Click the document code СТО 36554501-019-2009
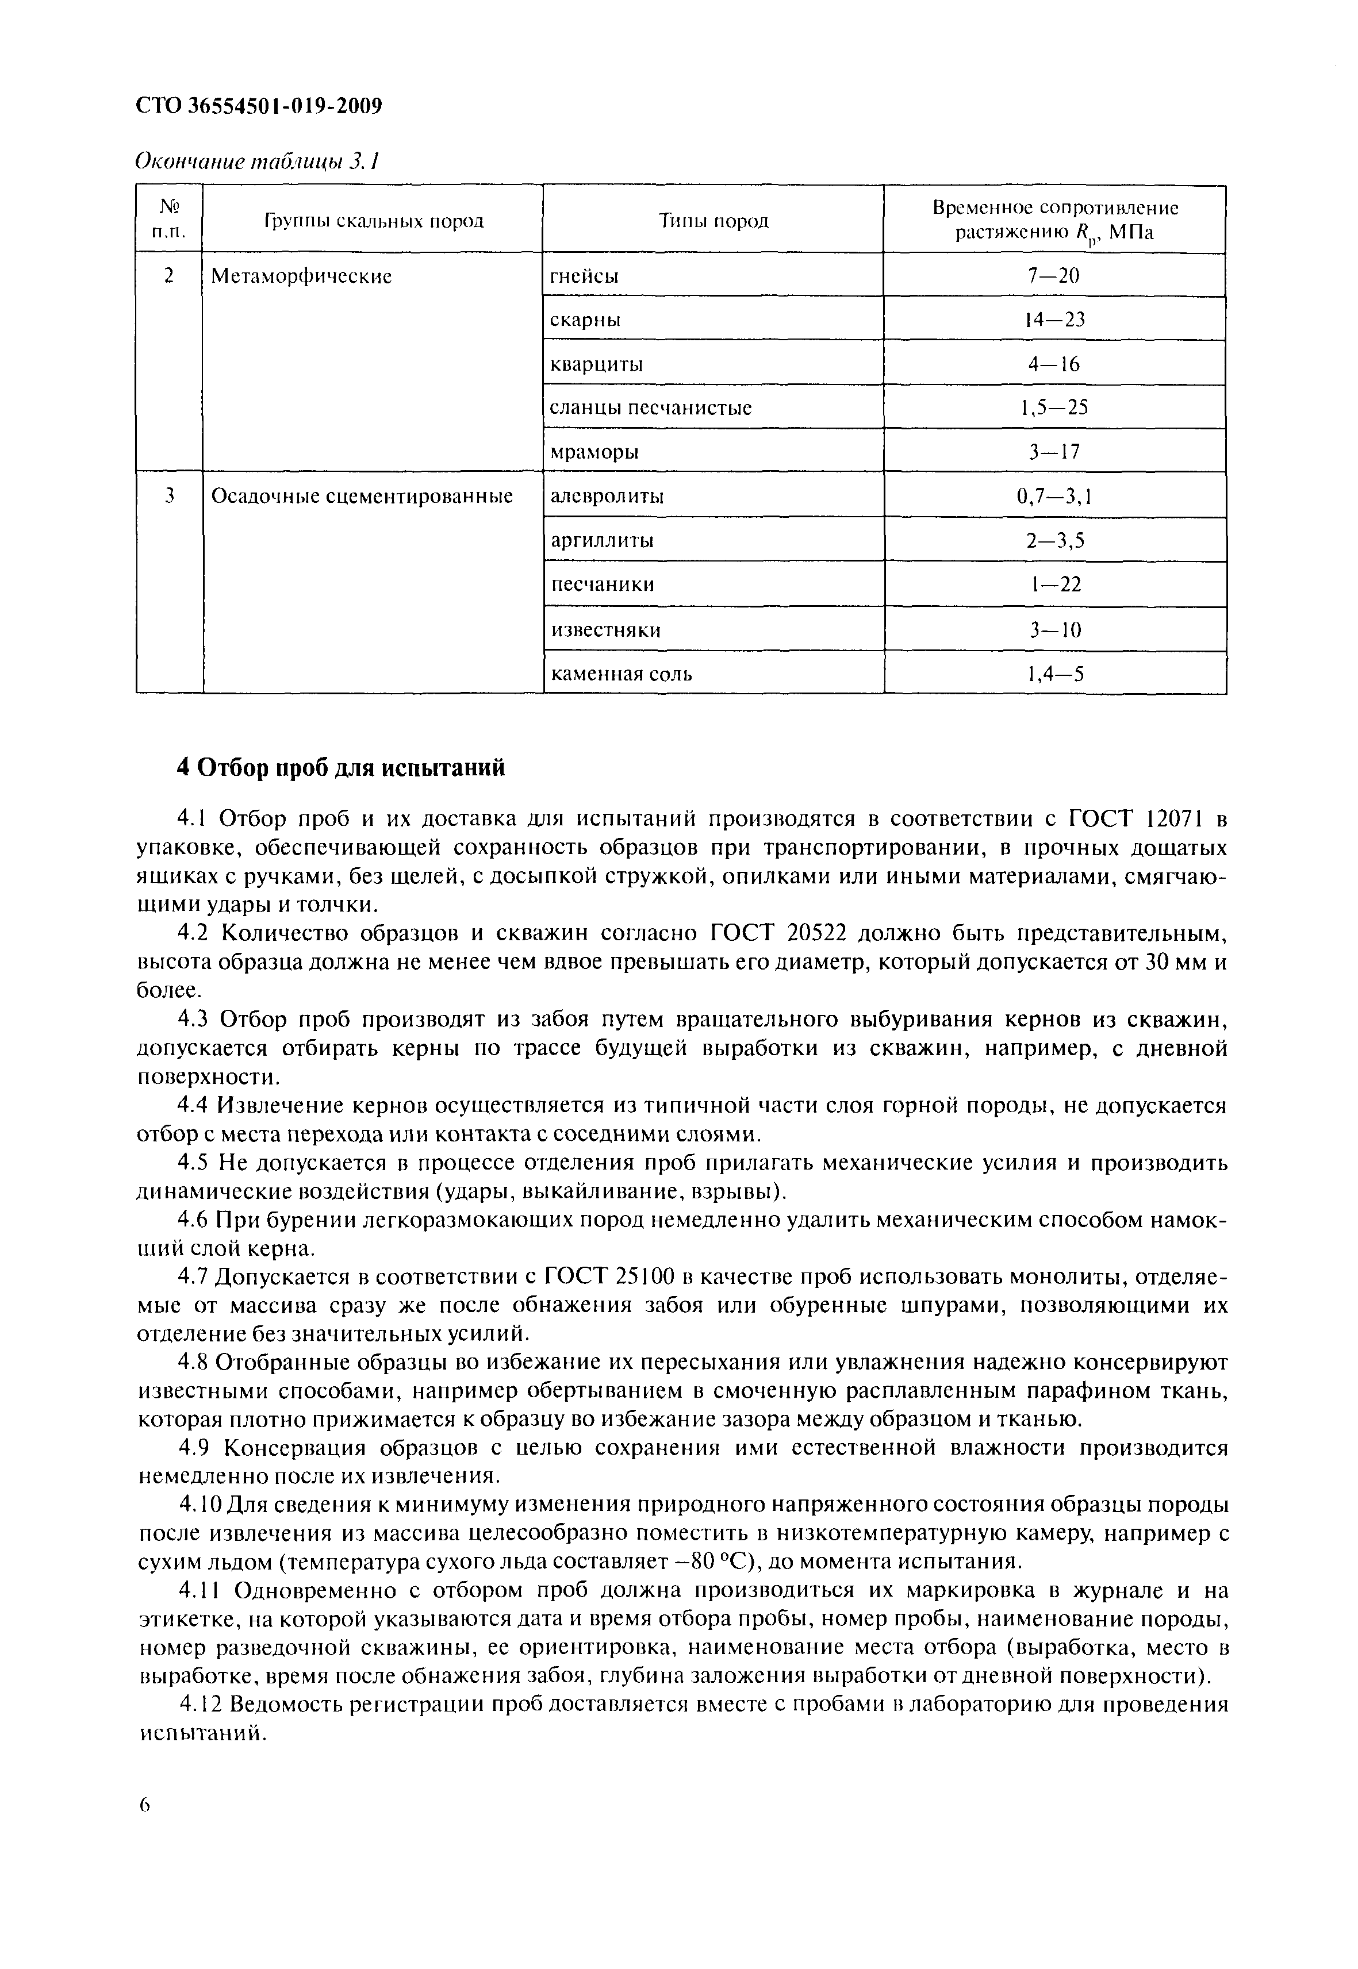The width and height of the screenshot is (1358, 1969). click(x=259, y=106)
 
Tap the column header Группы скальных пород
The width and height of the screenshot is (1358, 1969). click(x=373, y=221)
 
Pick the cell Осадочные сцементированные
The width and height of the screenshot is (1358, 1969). click(x=362, y=496)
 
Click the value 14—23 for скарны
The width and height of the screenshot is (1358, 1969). click(x=1054, y=320)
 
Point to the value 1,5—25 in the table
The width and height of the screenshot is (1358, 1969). click(x=1054, y=407)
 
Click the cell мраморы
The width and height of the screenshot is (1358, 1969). click(x=594, y=452)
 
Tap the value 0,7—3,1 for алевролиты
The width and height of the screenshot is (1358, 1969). click(x=1054, y=496)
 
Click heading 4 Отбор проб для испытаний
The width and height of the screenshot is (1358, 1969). click(x=340, y=767)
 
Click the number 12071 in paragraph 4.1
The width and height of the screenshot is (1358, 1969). click(x=1172, y=819)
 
